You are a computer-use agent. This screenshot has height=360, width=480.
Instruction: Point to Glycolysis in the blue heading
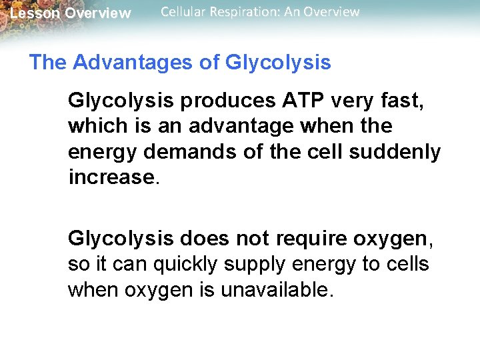coord(278,63)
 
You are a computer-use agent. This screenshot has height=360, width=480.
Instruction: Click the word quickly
coord(189,264)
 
